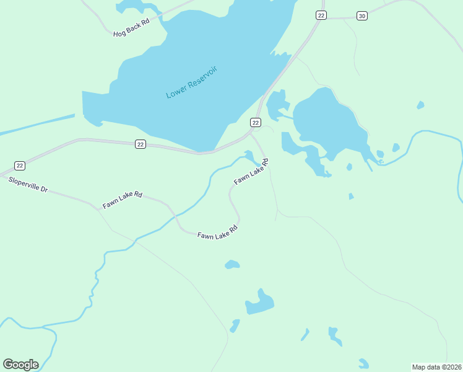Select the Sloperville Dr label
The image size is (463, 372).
(x=28, y=184)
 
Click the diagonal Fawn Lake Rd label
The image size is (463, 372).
(x=251, y=172)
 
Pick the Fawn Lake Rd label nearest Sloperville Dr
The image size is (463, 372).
(x=123, y=199)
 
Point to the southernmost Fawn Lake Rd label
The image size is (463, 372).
(x=217, y=232)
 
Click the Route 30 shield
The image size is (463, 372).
(x=362, y=15)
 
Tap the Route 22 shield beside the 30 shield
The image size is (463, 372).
(x=321, y=15)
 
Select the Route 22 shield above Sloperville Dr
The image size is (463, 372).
(x=20, y=166)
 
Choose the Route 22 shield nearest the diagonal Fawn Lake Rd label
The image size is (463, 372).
(x=255, y=122)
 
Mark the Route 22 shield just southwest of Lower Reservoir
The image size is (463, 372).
(x=141, y=144)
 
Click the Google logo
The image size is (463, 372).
(x=20, y=365)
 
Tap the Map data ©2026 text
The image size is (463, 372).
(x=436, y=367)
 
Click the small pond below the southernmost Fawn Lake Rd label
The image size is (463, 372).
(x=232, y=265)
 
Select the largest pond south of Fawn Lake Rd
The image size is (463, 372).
(x=260, y=303)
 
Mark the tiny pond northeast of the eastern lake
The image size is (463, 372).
(x=421, y=105)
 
